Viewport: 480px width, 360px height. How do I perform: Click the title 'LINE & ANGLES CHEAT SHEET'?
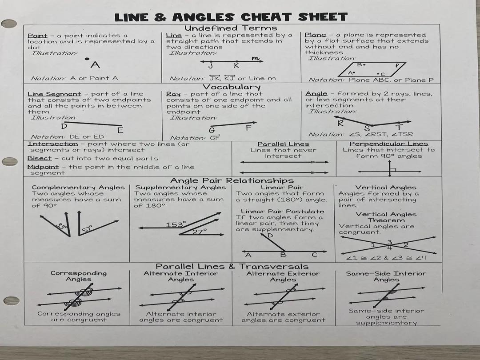coord(231,17)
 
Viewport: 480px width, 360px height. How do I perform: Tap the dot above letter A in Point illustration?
coord(87,59)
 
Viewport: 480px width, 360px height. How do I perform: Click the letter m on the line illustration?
coord(255,58)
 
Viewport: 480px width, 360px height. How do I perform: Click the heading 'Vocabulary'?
coord(232,87)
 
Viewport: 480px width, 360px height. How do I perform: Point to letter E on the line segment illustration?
coord(120,130)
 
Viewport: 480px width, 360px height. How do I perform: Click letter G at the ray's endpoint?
coord(212,130)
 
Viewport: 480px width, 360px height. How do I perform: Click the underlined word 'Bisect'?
coord(40,158)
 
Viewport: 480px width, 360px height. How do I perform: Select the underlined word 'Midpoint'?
coord(43,167)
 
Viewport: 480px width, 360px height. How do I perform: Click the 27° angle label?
coord(199,232)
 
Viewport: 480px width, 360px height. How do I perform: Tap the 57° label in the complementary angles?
coord(87,229)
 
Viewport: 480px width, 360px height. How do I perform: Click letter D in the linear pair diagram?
coord(269,236)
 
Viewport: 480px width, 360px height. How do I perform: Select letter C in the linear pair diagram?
coord(314,255)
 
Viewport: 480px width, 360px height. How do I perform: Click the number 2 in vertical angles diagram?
coord(405,245)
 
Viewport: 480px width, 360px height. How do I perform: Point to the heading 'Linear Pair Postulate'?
coord(282,212)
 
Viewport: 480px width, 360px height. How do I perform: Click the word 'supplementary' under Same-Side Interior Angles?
coord(386,323)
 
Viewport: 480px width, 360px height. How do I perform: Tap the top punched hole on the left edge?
coord(9,24)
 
